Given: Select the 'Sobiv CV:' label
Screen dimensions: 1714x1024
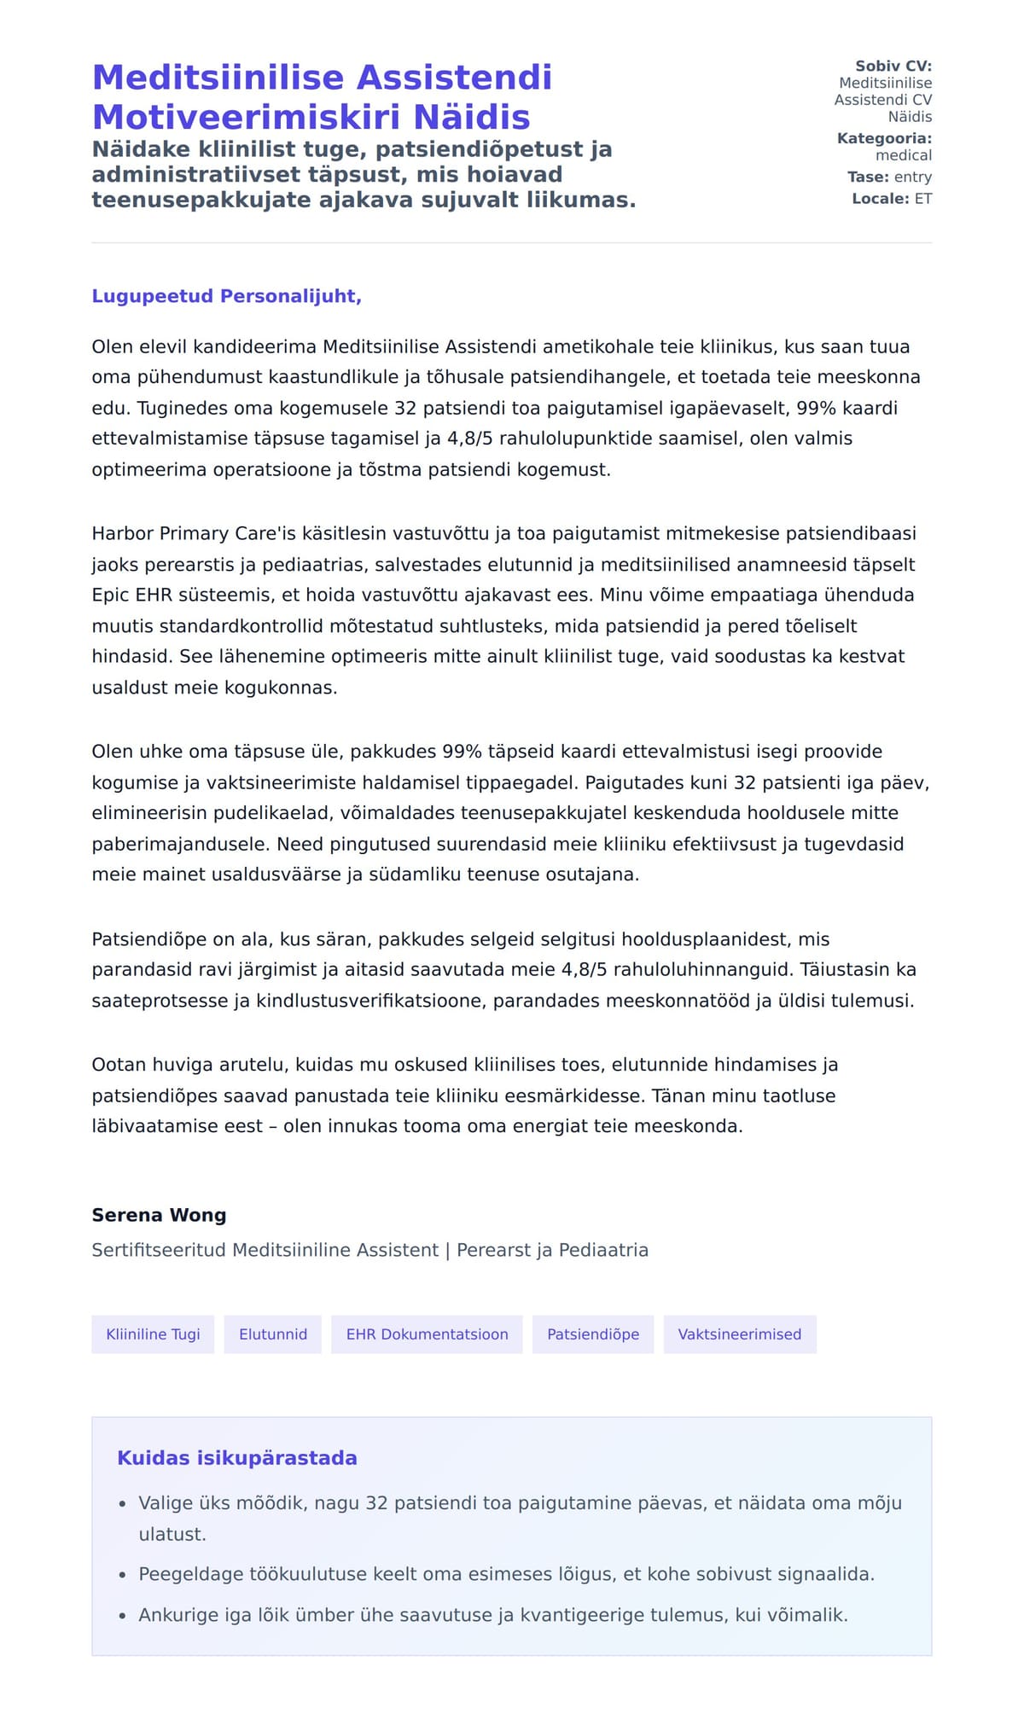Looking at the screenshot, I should pos(893,66).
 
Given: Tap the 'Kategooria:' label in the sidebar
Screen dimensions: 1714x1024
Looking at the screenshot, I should pos(884,138).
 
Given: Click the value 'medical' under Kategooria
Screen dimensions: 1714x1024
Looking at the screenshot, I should pos(904,155).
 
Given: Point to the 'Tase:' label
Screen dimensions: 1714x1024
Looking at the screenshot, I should pos(869,177).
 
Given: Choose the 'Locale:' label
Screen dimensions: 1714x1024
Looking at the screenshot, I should pos(881,199).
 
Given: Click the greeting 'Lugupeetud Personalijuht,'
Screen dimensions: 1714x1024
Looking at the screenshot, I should pos(227,296).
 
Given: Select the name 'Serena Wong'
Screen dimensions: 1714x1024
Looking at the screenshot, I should pos(159,1215).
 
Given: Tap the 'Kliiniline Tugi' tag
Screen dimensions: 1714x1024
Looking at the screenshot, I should pos(153,1334).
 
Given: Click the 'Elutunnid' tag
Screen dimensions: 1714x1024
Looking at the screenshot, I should pos(273,1334).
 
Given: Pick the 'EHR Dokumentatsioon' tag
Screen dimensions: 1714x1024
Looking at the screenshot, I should pos(427,1334).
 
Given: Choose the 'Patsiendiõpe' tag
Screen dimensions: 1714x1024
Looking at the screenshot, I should pos(593,1334).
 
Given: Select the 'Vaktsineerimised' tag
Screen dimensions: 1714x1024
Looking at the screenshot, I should pos(740,1334).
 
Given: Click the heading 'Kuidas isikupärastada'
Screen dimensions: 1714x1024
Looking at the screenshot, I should pos(237,1458).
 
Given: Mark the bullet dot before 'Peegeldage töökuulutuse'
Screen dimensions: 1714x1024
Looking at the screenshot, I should pos(123,1575).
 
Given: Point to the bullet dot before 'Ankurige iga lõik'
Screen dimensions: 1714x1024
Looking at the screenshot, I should pos(123,1616).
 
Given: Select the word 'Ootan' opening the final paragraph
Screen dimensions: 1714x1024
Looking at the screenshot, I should pos(119,1065).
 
